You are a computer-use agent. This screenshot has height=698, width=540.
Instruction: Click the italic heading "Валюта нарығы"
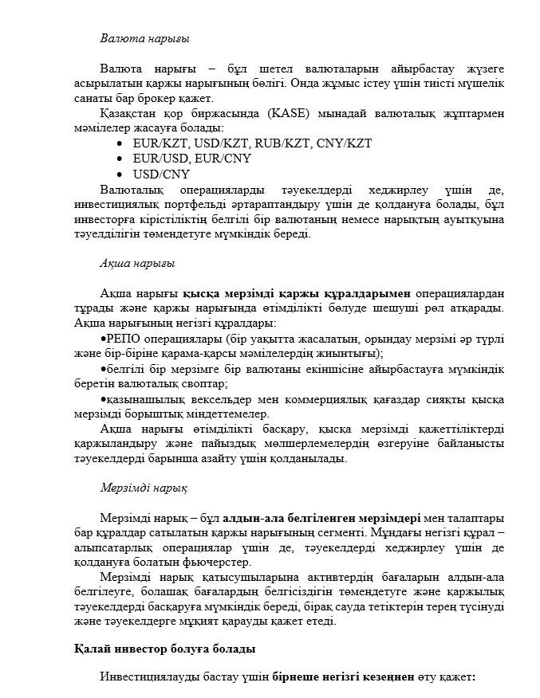pos(144,37)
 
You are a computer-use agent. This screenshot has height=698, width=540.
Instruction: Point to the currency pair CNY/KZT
pos(345,143)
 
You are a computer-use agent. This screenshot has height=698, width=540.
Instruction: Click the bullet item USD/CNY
pos(161,174)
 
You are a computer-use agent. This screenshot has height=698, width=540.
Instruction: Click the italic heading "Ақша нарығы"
pos(137,263)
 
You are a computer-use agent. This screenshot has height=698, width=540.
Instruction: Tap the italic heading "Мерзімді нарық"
pos(144,487)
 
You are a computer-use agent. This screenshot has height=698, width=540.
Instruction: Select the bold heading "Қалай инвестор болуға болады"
pos(164,649)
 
